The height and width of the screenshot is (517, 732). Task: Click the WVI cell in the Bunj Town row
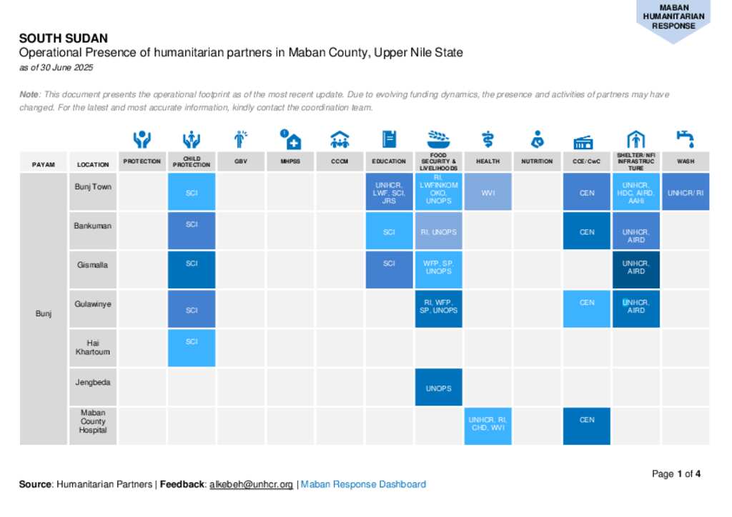point(488,192)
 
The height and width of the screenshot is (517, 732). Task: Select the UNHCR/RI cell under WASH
point(686,192)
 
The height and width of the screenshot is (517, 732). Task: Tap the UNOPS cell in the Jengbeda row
point(438,388)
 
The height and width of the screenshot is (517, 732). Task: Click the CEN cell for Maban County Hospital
point(587,426)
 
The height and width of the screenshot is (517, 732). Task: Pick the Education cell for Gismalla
point(389,269)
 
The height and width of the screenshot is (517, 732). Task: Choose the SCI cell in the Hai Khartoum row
point(192,348)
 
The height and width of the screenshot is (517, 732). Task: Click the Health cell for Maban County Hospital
point(488,426)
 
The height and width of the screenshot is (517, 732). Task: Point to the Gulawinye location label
point(93,304)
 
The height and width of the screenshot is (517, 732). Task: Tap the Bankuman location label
point(93,226)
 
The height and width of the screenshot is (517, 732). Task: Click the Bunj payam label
point(44,313)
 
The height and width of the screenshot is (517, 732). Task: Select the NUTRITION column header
point(537,161)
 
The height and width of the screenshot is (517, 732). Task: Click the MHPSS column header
point(290,161)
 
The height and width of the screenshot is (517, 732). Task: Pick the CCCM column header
point(340,161)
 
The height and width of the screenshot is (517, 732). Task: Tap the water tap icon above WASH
point(685,138)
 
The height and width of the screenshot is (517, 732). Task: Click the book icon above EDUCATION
point(389,139)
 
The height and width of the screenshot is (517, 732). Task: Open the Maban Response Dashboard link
point(363,484)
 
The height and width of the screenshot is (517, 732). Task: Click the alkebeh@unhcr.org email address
point(251,484)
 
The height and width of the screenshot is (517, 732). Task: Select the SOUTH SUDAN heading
point(64,39)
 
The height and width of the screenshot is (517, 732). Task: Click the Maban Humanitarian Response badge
point(673,18)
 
